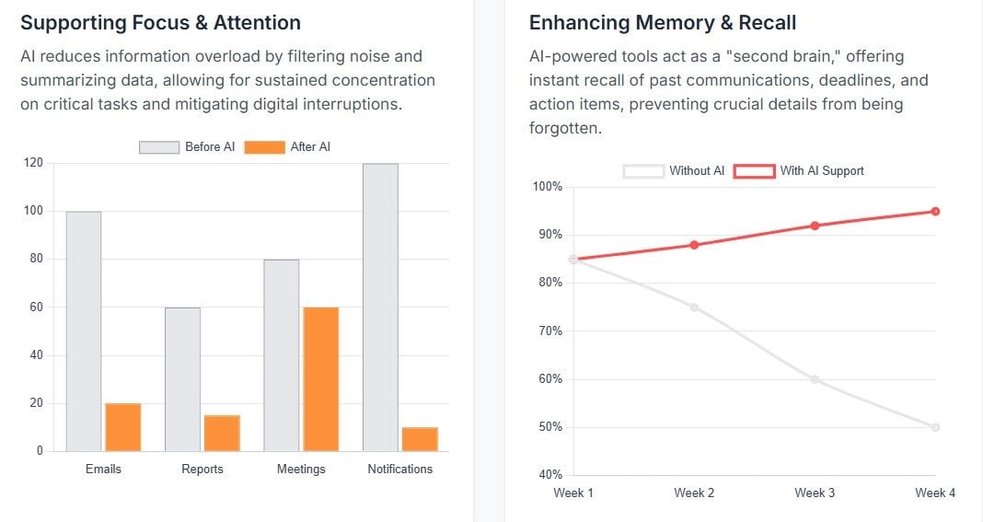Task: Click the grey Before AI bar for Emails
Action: [x=84, y=331]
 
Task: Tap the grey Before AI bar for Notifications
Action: [x=380, y=307]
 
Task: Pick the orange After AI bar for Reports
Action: [x=222, y=434]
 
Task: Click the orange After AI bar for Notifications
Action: [x=420, y=439]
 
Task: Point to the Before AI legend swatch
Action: [x=159, y=147]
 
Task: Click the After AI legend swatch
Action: [x=265, y=147]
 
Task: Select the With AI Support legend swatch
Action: [x=754, y=170]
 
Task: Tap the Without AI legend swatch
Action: [x=643, y=170]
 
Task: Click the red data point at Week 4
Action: [x=935, y=212]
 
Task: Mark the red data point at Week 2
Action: [x=694, y=245]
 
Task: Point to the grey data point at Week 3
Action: [x=815, y=379]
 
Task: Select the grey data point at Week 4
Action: [x=935, y=427]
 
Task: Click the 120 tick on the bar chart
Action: [x=33, y=163]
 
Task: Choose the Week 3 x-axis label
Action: [x=815, y=493]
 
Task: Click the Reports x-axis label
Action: [x=202, y=470]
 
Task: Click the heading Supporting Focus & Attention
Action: [x=160, y=22]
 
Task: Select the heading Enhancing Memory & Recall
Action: [x=663, y=22]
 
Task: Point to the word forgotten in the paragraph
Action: [x=564, y=129]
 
